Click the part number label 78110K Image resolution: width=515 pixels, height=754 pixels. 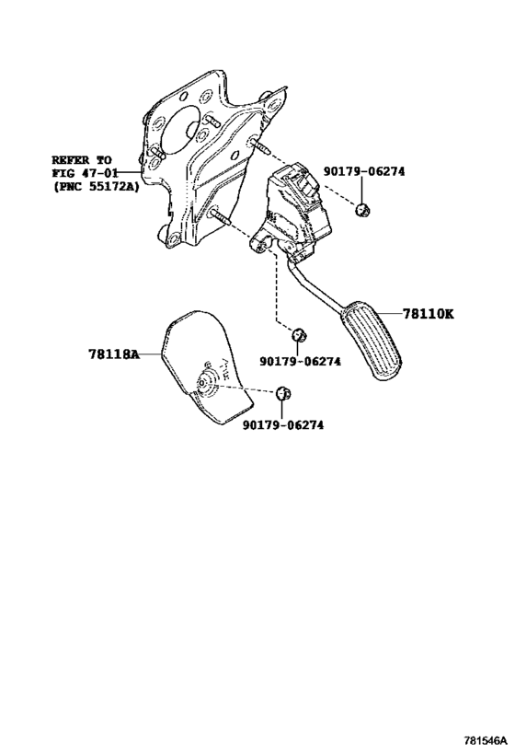pos(428,314)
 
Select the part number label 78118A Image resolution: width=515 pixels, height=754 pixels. pos(113,354)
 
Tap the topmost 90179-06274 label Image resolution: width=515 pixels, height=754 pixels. pos(363,171)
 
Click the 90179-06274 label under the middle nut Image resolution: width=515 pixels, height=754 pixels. pos(300,361)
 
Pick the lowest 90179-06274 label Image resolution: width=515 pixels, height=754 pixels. pos(283,425)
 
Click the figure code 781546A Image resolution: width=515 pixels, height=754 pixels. pos(486,739)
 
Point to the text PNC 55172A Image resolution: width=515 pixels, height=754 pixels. pos(96,187)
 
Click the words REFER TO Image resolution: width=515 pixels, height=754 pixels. pos(82,159)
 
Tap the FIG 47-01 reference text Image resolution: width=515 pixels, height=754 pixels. pos(85,173)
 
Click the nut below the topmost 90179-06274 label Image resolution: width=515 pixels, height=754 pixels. pos(362,210)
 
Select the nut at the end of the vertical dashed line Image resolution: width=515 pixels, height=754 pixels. pos(300,333)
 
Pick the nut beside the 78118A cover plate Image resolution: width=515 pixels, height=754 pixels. pos(283,393)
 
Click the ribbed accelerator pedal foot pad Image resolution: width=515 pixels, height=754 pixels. pos(372,341)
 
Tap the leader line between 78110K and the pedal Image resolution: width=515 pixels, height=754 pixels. pos(389,314)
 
